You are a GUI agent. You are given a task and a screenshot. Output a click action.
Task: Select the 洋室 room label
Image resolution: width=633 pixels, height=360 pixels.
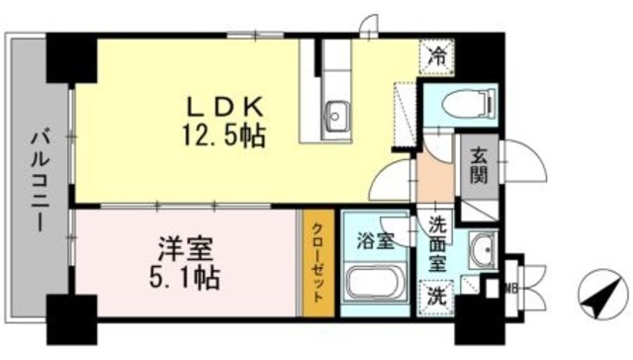[x=185, y=246]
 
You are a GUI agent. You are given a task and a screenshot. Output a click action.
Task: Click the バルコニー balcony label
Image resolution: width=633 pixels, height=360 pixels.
[x=37, y=179]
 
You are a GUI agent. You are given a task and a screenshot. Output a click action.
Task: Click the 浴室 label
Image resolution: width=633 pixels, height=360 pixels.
[x=376, y=239]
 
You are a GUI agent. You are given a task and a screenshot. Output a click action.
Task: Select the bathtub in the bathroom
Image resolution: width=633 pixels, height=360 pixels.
[x=376, y=286]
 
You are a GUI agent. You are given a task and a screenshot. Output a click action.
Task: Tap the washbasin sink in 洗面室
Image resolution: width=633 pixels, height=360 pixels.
[x=484, y=250]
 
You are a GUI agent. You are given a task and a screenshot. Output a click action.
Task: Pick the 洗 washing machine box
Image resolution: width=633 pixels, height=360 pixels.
[x=435, y=294]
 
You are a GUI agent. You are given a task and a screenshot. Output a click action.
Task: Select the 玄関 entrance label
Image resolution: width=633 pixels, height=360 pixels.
[x=479, y=168]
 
